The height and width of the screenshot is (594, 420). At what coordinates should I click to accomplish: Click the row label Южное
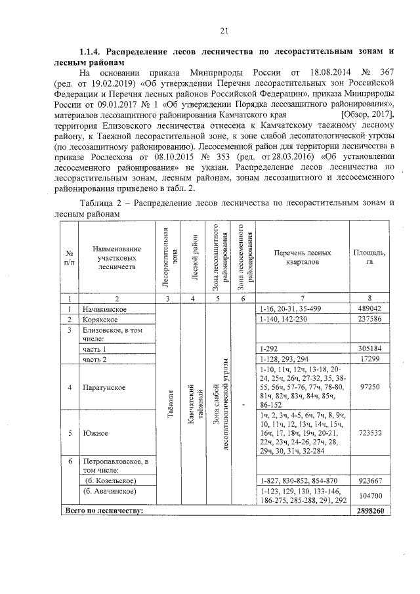point(95,433)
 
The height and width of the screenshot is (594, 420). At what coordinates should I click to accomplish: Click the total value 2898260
point(370,510)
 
